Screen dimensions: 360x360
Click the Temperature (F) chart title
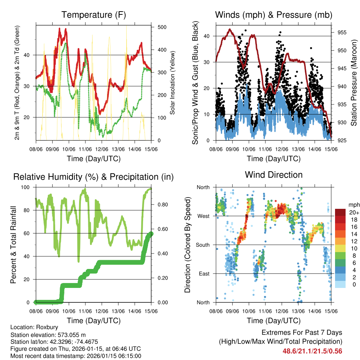coord(94,15)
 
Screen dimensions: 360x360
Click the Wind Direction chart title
coord(274,174)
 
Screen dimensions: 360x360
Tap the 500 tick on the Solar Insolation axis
coord(162,27)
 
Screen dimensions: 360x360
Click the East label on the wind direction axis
coord(204,274)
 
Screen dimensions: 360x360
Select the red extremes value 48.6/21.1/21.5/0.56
coord(312,351)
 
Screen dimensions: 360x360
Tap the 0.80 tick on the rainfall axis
coord(160,204)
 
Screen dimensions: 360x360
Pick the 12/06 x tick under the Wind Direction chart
coord(282,311)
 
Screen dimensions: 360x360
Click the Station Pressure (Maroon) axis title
coord(354,82)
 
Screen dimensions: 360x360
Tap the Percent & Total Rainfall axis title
coord(13,245)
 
